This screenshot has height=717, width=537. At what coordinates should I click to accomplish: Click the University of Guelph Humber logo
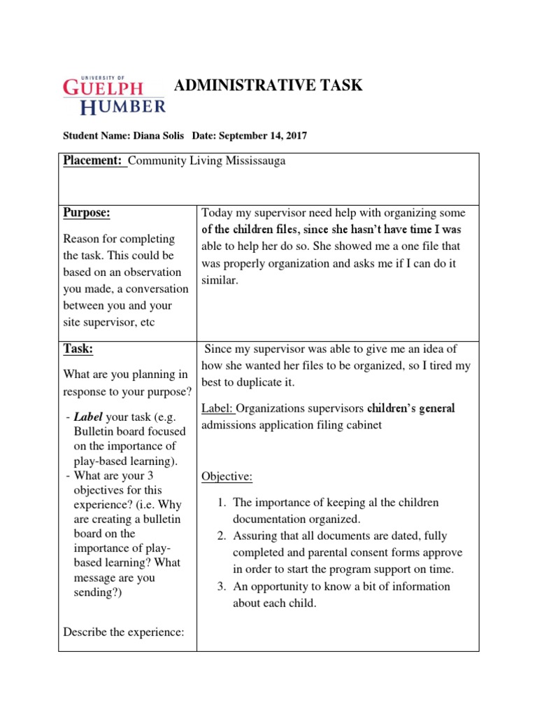pos(114,95)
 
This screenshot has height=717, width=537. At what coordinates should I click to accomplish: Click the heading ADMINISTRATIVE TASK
pos(268,85)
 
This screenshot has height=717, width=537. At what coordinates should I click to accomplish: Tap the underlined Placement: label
pos(94,161)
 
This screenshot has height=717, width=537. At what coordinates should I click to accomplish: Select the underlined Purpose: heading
pos(87,213)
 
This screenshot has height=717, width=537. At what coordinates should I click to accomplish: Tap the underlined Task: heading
pos(78,349)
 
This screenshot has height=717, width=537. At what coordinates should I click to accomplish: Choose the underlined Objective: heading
pos(227,477)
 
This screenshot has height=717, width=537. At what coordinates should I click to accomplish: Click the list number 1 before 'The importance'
pos(221,503)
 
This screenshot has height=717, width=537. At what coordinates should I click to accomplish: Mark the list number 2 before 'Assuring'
pos(221,536)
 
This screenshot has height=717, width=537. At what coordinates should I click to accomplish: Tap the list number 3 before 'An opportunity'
pos(221,587)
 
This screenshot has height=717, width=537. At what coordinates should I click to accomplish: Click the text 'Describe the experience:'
pos(124,632)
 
